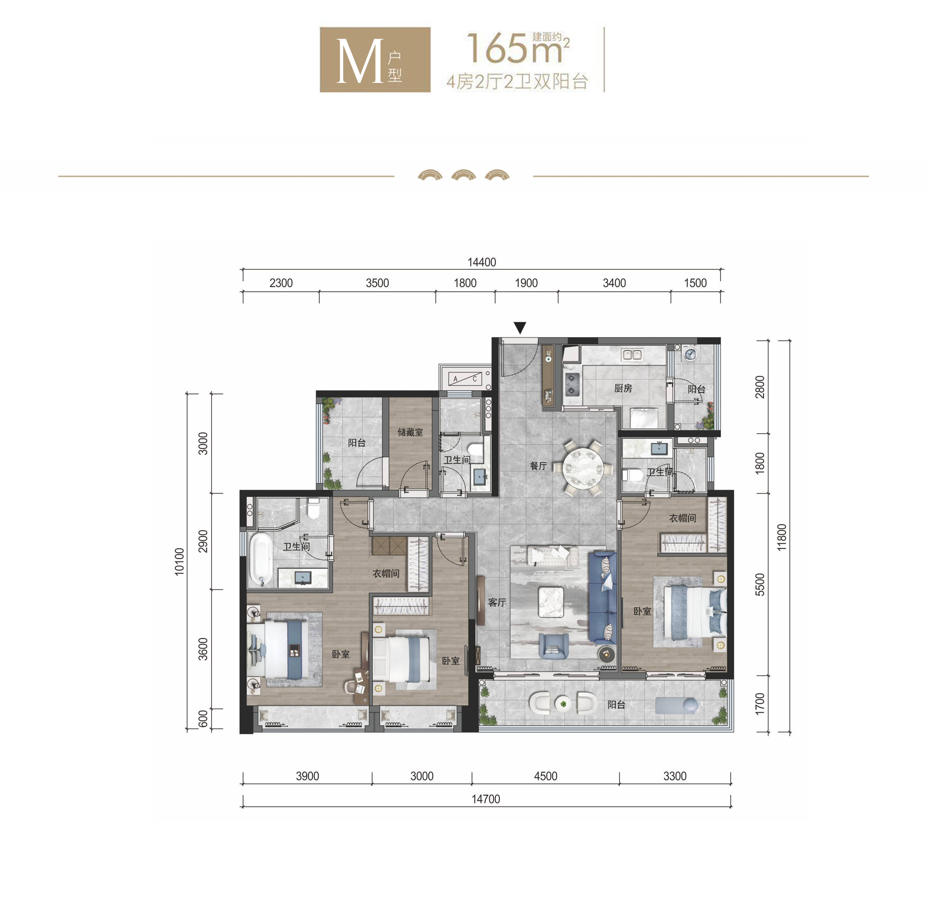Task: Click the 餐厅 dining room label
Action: pos(538,466)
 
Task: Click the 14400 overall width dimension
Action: pos(482,262)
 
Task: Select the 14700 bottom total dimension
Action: pos(486,799)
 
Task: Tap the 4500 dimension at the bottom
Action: pos(546,776)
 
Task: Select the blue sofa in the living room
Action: pos(602,598)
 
